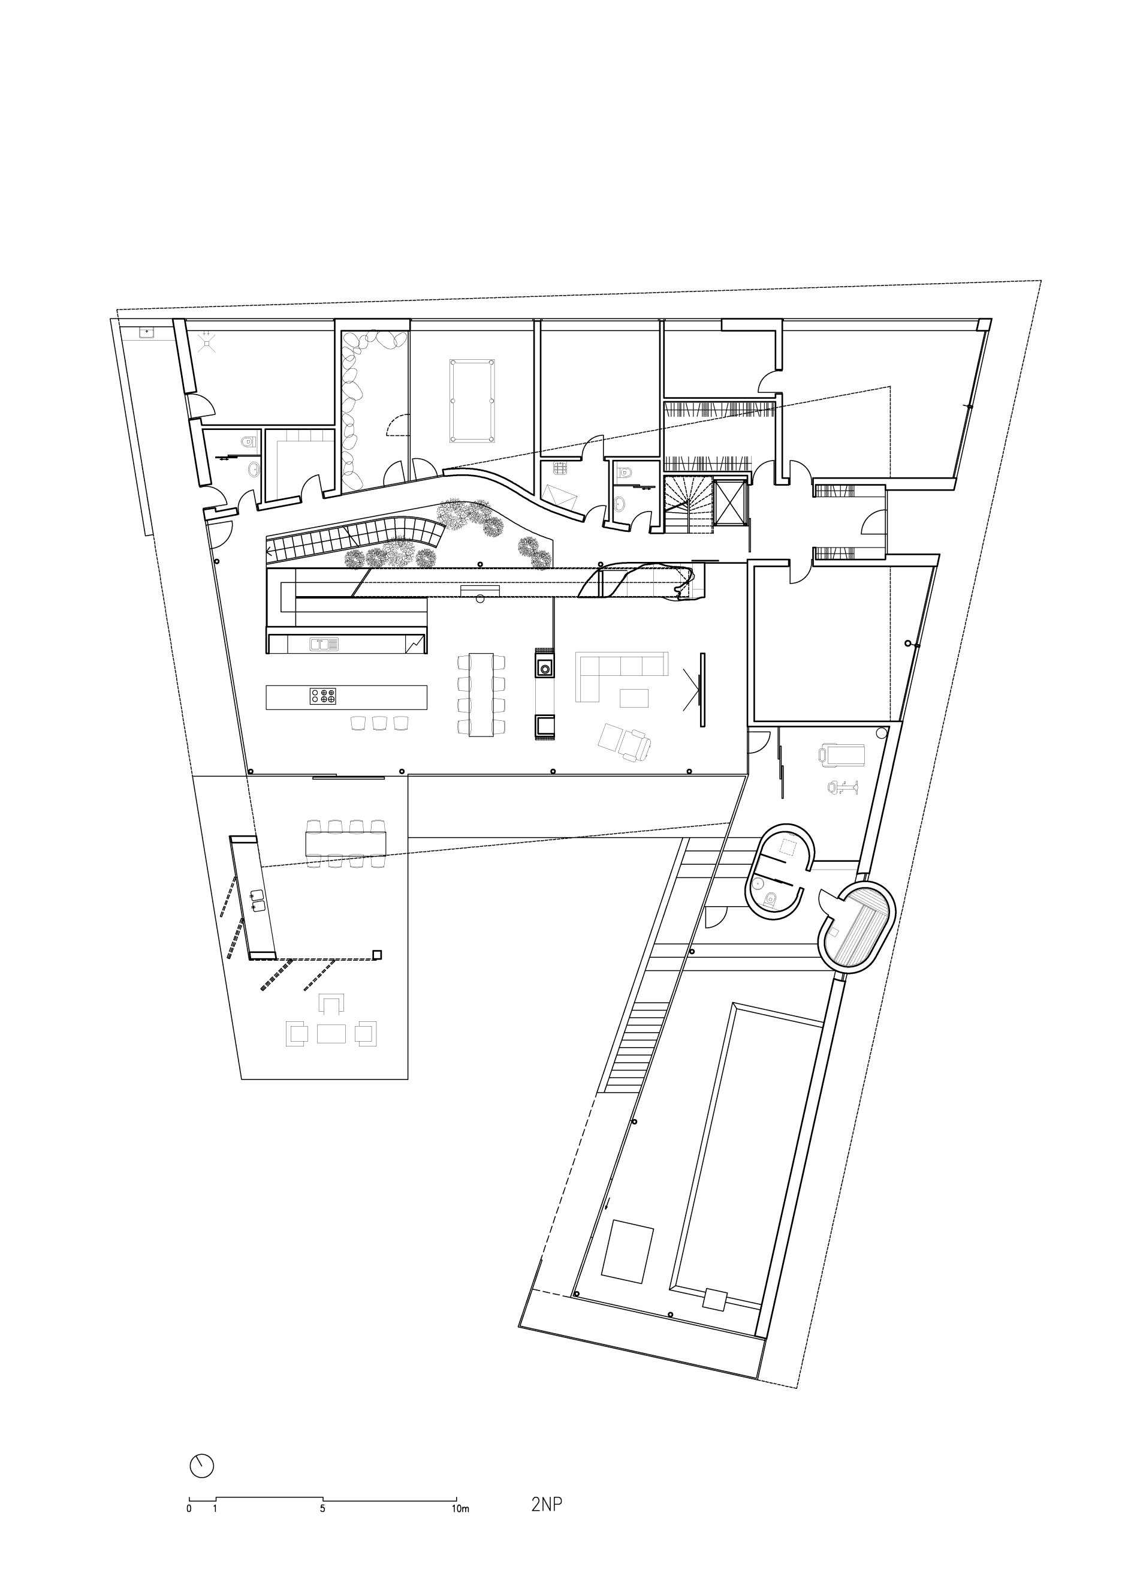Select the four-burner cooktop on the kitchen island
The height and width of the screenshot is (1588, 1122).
(323, 696)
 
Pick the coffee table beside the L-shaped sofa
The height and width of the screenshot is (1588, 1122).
(634, 698)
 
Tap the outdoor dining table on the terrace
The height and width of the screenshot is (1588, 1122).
(346, 843)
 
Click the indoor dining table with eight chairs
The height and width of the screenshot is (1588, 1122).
(482, 694)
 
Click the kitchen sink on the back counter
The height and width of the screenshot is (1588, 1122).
(324, 644)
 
